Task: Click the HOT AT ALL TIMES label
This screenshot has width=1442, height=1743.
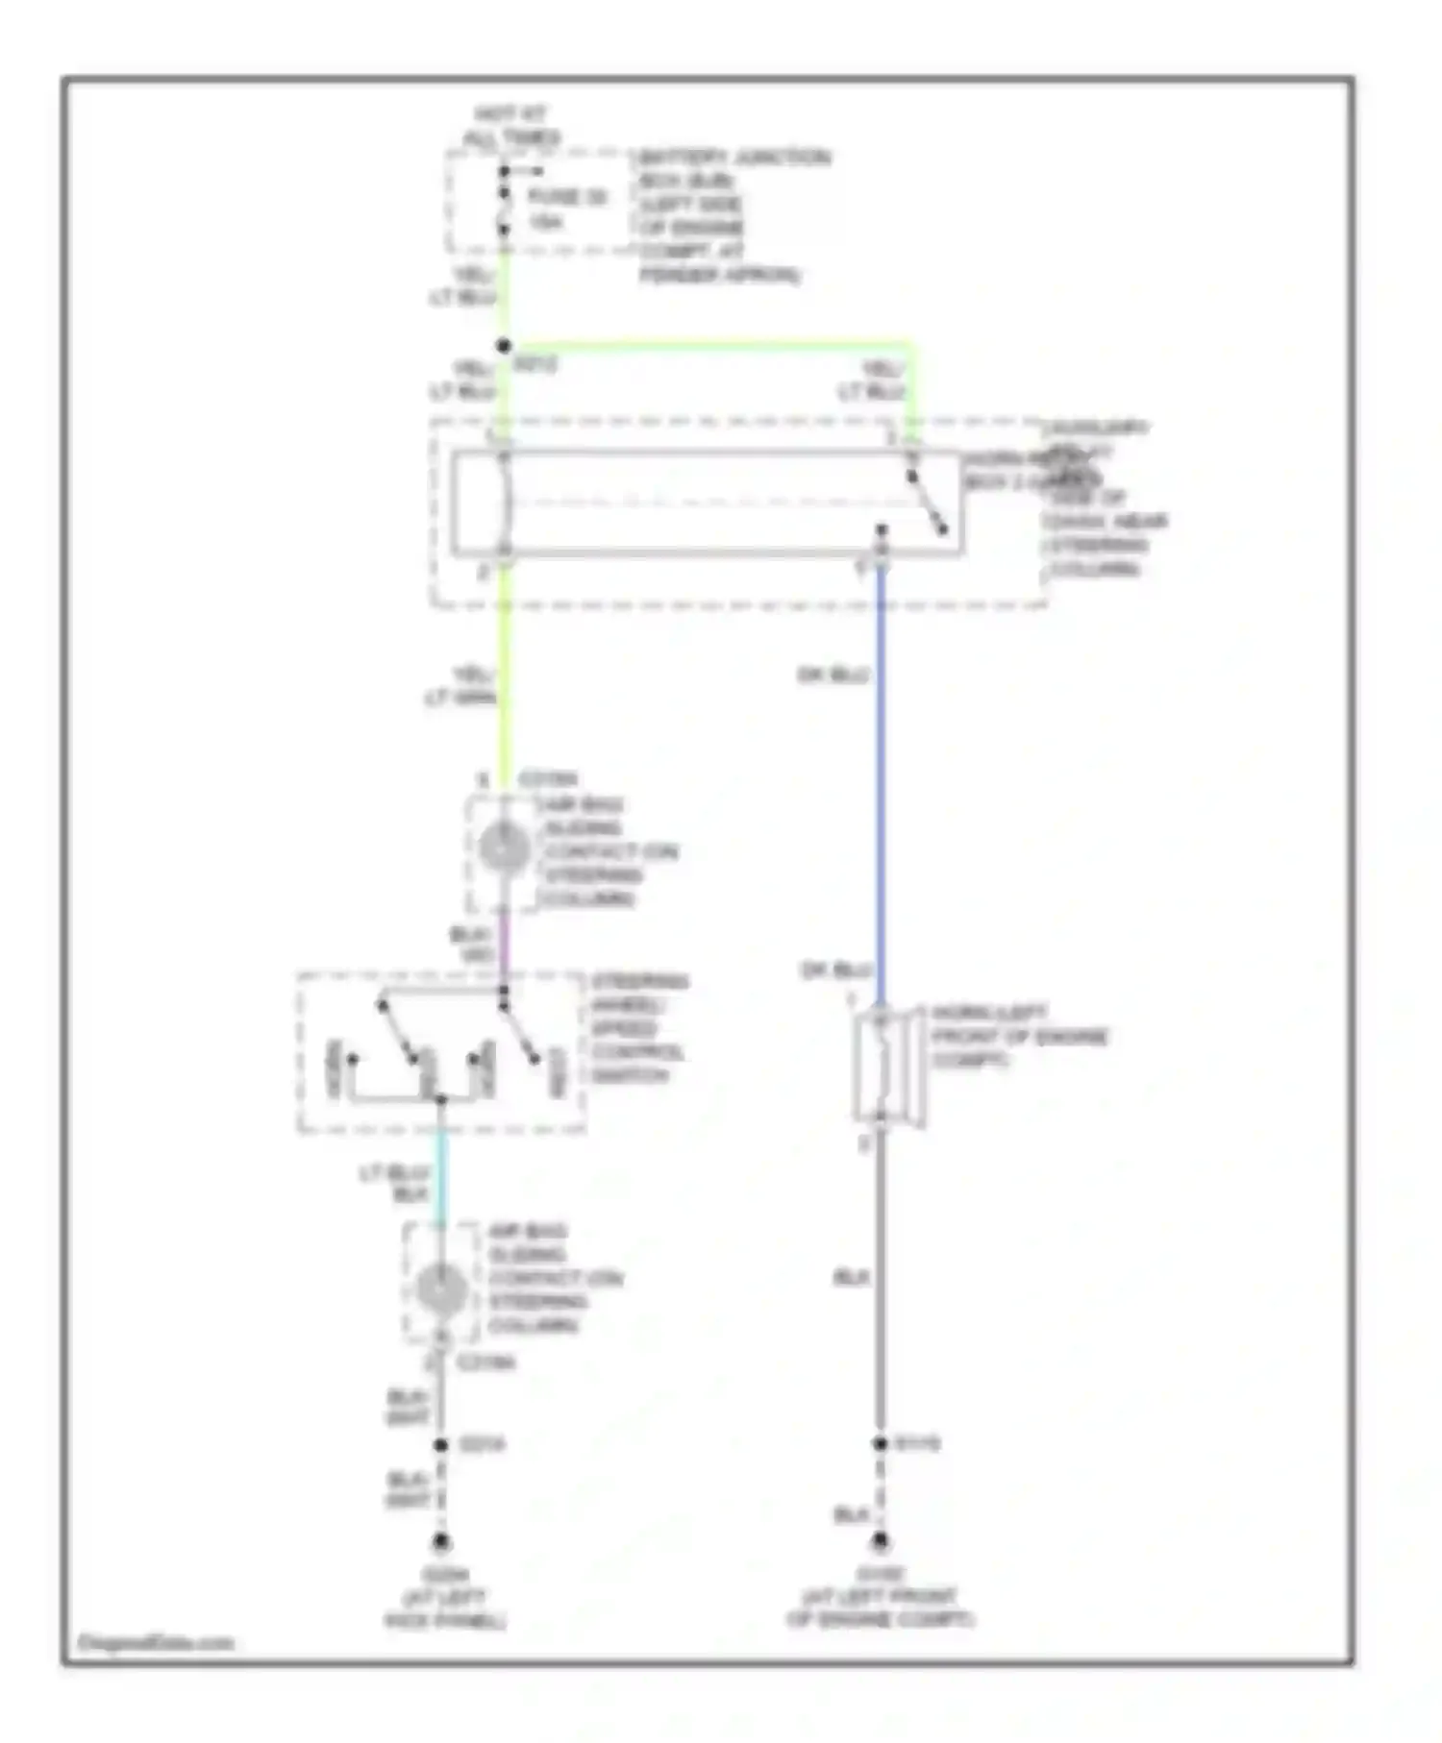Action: pyautogui.click(x=510, y=126)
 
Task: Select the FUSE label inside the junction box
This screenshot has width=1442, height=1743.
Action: pyautogui.click(x=567, y=197)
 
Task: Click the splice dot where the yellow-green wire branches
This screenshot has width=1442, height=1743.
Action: pyautogui.click(x=503, y=346)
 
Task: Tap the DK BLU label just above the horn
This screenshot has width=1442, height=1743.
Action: pyautogui.click(x=835, y=970)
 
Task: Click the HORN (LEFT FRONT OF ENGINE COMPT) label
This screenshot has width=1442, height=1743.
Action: pyautogui.click(x=1017, y=1036)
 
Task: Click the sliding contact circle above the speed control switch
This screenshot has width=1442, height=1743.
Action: pyautogui.click(x=504, y=849)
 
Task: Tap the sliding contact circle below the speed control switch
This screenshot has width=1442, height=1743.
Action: pyautogui.click(x=441, y=1289)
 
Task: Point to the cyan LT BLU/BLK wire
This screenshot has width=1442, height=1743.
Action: pyautogui.click(x=441, y=1177)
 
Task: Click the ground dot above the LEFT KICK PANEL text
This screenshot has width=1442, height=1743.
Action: pyautogui.click(x=441, y=1541)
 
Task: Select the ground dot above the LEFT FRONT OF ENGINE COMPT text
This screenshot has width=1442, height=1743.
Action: pyautogui.click(x=880, y=1541)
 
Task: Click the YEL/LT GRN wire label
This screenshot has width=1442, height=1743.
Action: pyautogui.click(x=461, y=686)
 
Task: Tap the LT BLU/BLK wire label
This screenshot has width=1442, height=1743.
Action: pyautogui.click(x=394, y=1184)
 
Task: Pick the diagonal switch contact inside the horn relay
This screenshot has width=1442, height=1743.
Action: pyautogui.click(x=928, y=503)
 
